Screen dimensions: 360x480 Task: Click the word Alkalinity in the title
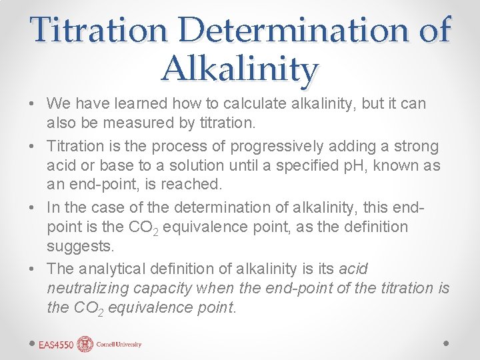[240, 69]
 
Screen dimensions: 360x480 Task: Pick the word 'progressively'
[285, 146]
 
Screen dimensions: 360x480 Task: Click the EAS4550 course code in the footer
[56, 344]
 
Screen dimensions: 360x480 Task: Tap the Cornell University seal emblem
[85, 344]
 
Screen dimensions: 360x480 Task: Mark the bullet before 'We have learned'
[32, 105]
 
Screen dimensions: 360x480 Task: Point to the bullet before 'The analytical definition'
[32, 269]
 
